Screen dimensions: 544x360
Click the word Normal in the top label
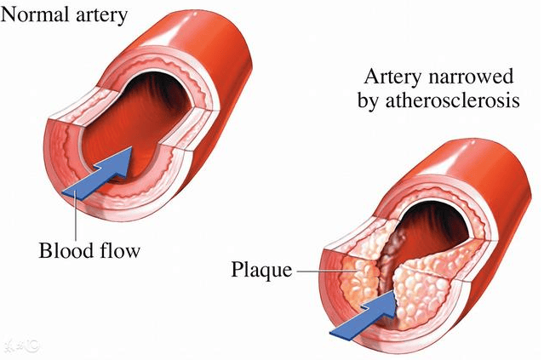pyautogui.click(x=34, y=14)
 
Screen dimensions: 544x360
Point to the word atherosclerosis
pyautogui.click(x=452, y=100)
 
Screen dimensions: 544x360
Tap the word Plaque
pyautogui.click(x=261, y=270)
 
